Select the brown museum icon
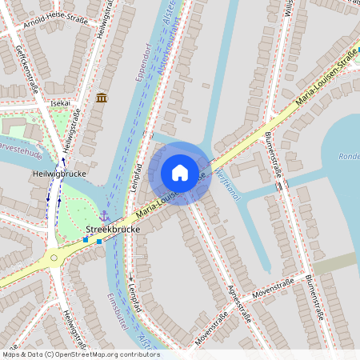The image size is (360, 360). tap(102, 98)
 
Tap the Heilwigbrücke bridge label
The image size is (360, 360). tap(59, 173)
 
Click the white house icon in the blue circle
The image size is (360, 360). tap(179, 173)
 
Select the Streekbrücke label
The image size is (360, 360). tap(112, 229)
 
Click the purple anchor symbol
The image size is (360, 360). tap(104, 215)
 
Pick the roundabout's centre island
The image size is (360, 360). tap(54, 257)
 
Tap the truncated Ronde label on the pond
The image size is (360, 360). tap(349, 157)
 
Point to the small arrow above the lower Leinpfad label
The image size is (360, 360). tap(130, 278)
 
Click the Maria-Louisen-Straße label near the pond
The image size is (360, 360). tap(324, 77)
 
